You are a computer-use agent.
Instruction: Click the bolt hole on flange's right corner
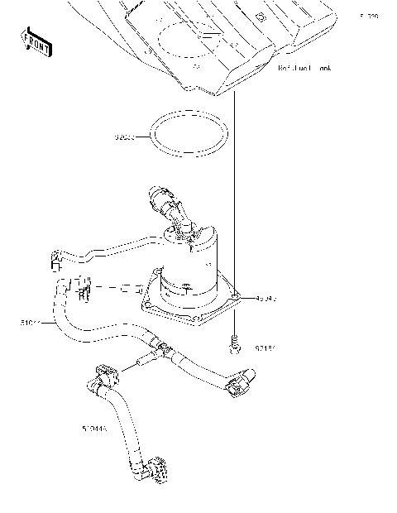[x=236, y=295]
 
